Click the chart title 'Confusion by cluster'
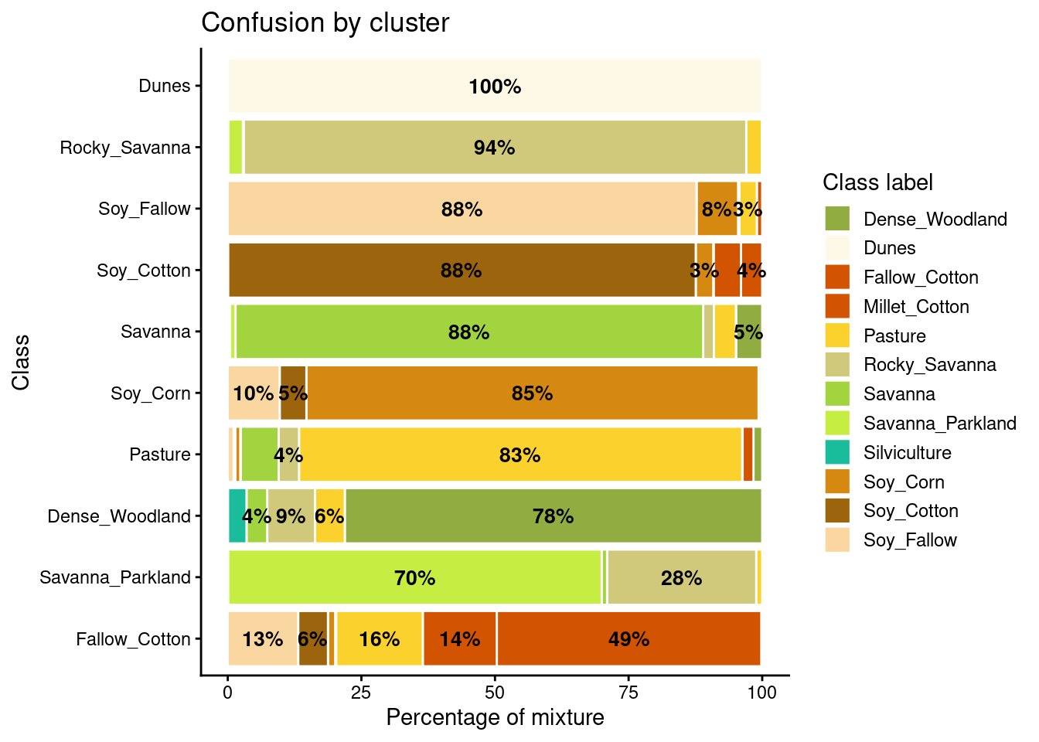point(325,23)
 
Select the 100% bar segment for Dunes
point(495,86)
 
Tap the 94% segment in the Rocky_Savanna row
point(495,147)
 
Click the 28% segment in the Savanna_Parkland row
point(681,577)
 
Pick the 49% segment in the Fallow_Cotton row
point(629,639)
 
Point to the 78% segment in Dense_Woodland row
point(553,516)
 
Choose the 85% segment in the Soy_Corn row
point(532,393)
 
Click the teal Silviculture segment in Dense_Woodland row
point(237,516)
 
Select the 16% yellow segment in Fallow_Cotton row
point(380,639)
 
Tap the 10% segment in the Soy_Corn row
point(254,393)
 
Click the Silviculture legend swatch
point(837,452)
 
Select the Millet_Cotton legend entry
point(915,307)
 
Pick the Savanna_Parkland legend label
point(939,424)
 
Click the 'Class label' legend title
point(877,182)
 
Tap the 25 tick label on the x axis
point(361,692)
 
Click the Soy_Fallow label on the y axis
point(144,209)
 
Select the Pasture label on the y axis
point(159,454)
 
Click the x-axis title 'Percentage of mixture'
point(495,718)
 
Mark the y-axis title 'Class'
point(21,362)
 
